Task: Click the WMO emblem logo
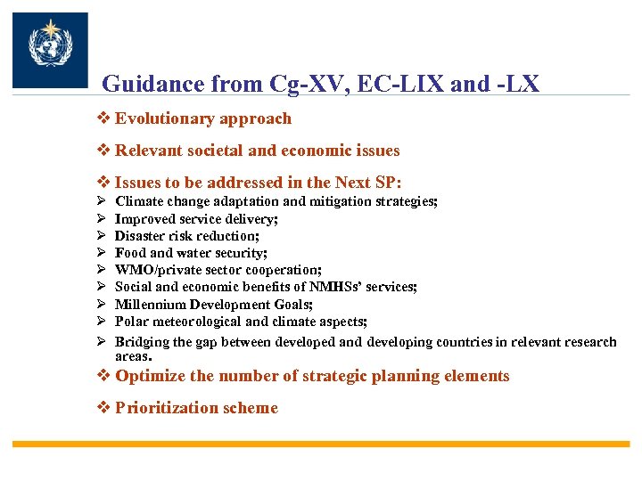pos(50,50)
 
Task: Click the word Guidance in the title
pos(152,85)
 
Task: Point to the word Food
pos(130,253)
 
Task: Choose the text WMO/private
pos(153,270)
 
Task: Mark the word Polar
pos(132,322)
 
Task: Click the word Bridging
pos(144,342)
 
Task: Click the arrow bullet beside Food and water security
pos(103,253)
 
